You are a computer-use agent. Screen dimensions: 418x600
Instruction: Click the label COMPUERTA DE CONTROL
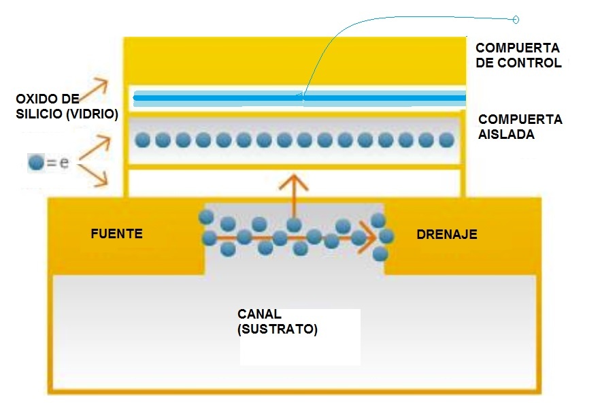click(x=518, y=56)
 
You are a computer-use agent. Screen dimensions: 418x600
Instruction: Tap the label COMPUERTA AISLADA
click(x=520, y=127)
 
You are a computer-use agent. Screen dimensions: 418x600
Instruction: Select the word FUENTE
click(x=116, y=234)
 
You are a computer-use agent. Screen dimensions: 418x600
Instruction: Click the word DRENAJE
click(x=446, y=234)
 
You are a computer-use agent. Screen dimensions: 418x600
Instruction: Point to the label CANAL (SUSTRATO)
click(x=278, y=322)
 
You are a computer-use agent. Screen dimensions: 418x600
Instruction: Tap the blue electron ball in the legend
click(x=36, y=163)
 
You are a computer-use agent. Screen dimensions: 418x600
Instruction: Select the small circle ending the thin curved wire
click(x=515, y=20)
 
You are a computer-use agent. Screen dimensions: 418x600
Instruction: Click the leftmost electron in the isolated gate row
click(x=142, y=140)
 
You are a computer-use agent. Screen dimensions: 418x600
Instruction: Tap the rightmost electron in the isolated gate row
click(x=446, y=140)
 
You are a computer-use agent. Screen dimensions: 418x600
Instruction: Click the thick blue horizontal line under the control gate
click(x=299, y=98)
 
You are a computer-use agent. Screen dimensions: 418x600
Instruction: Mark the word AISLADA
click(x=507, y=134)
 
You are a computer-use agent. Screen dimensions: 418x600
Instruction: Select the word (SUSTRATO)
click(x=278, y=329)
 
